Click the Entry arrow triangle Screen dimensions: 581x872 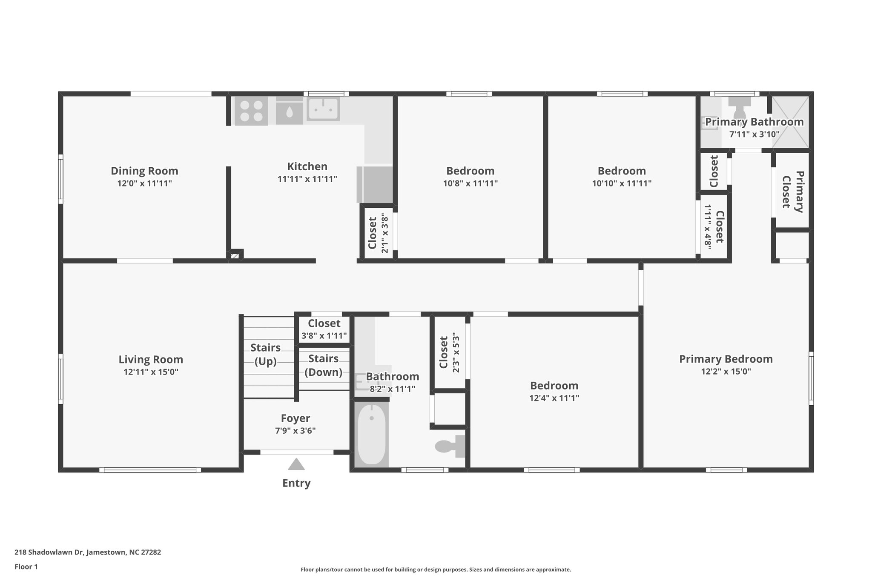click(x=296, y=464)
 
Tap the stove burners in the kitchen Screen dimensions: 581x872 click(x=251, y=111)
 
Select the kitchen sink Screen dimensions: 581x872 click(x=323, y=109)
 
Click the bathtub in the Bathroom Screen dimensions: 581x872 click(x=371, y=435)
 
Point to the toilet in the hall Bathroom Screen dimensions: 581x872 click(x=449, y=446)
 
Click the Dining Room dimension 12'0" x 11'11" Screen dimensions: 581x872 click(x=144, y=183)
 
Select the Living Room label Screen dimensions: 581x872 click(x=151, y=359)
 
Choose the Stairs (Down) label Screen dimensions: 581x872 click(x=324, y=365)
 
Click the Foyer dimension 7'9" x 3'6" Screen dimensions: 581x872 click(x=295, y=430)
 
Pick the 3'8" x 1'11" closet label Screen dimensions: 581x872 click(x=324, y=335)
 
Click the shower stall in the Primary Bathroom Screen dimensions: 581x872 click(x=790, y=121)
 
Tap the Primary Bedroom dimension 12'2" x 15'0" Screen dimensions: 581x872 click(x=726, y=371)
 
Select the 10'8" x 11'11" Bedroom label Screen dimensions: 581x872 click(x=470, y=171)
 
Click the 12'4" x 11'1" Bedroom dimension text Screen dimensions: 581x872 click(x=554, y=398)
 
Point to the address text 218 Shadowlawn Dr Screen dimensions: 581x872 click(x=88, y=552)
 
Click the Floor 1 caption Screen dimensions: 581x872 click(x=26, y=567)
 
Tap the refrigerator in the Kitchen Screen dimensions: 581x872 click(x=375, y=184)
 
